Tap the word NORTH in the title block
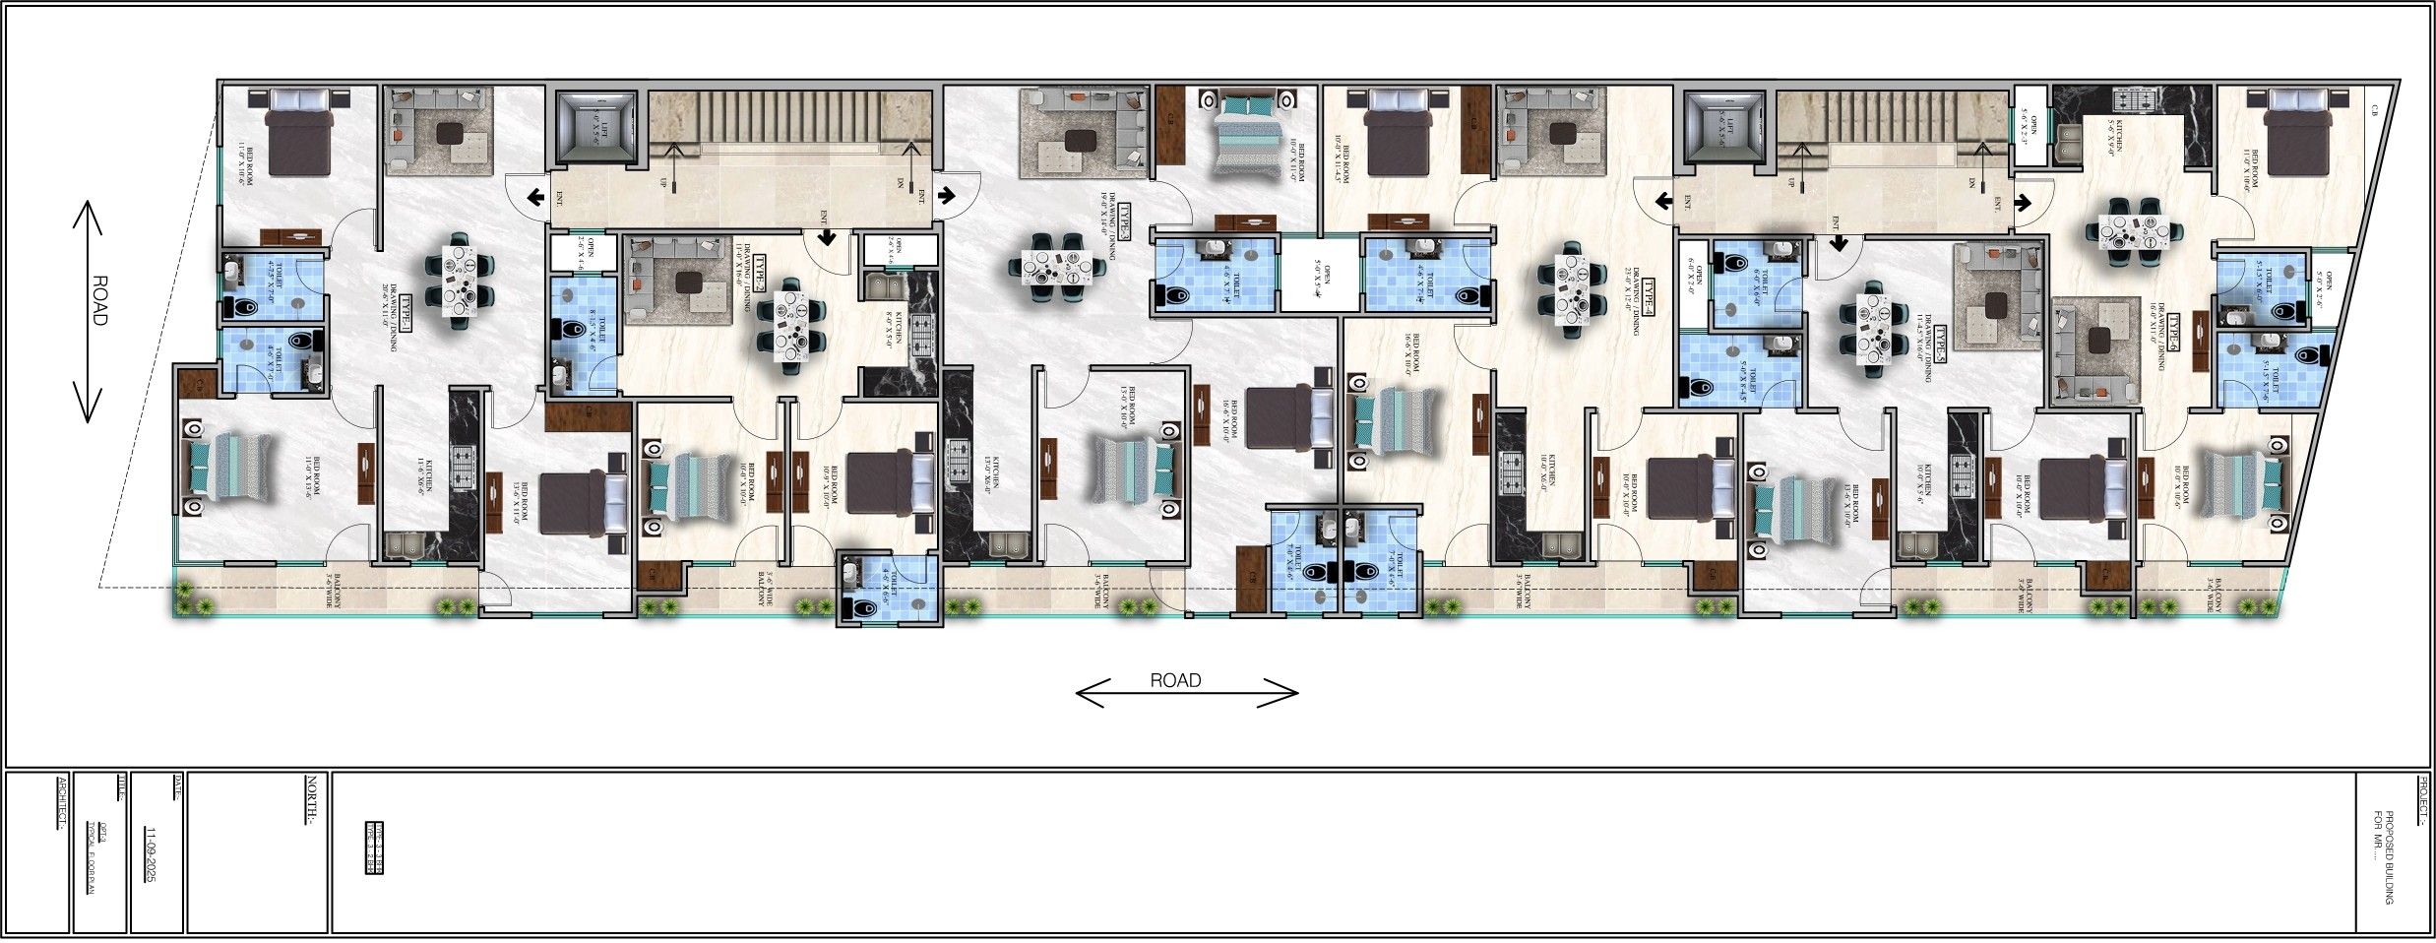point(311,801)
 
